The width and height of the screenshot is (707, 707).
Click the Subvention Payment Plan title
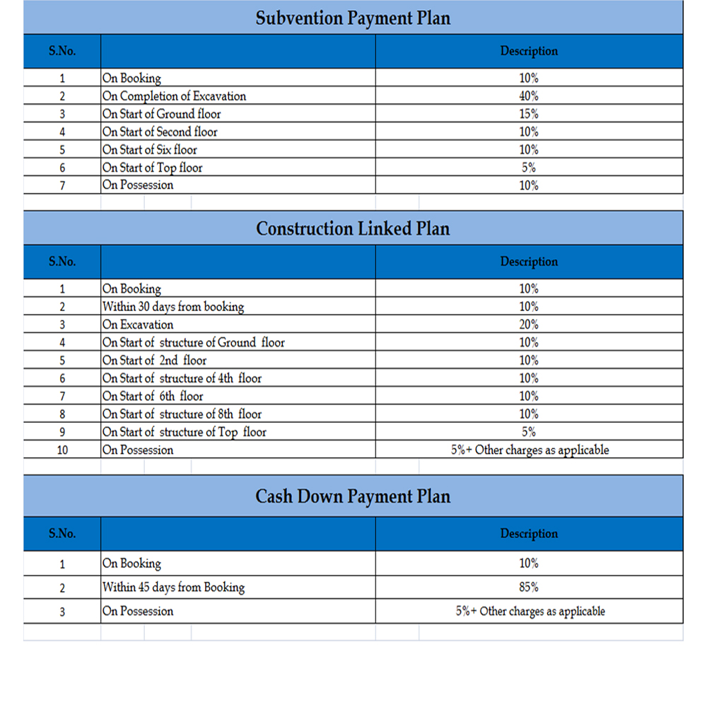(353, 18)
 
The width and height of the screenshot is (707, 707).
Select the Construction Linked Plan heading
(353, 228)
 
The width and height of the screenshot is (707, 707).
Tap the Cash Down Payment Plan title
(353, 496)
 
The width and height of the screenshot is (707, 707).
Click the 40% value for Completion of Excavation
(529, 96)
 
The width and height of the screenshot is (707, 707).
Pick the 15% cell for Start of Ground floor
(529, 114)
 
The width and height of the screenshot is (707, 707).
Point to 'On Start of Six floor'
(150, 150)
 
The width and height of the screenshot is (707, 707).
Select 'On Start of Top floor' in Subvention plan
(153, 168)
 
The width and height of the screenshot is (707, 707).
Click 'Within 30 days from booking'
(173, 307)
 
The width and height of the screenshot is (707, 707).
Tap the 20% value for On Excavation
(529, 325)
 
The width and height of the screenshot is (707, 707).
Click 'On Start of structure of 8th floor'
(182, 414)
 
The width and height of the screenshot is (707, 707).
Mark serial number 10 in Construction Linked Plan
(62, 450)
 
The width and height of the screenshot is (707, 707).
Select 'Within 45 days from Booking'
(174, 588)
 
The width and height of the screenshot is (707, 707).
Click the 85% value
(529, 588)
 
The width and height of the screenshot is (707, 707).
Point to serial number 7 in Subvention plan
(62, 186)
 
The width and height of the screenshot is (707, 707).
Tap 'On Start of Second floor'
(160, 132)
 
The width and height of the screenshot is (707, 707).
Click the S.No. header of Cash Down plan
(62, 534)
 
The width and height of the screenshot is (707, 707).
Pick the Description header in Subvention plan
(529, 51)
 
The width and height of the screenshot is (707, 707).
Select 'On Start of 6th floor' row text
(153, 397)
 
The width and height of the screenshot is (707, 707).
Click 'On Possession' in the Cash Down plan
(138, 612)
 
